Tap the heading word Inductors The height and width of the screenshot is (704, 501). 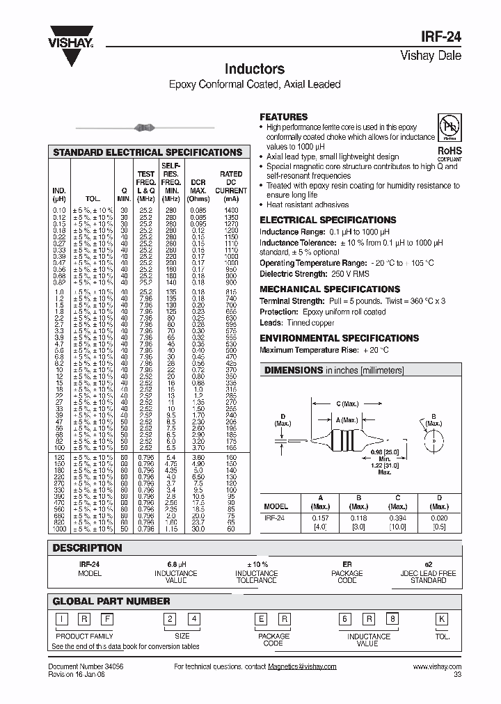point(254,69)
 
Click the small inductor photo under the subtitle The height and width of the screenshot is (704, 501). point(145,127)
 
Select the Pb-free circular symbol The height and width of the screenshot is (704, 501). point(449,127)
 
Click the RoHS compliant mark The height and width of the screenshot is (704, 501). point(449,152)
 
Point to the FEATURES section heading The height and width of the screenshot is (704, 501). point(283,117)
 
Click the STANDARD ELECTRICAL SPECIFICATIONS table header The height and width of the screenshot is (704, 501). point(148,152)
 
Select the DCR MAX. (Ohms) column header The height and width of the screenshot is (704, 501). point(198,190)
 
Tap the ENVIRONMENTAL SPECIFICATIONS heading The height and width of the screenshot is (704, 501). point(339,338)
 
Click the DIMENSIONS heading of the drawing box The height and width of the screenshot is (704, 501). point(293,371)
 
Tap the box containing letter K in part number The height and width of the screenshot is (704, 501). point(441,619)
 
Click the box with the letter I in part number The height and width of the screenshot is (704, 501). point(62,619)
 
